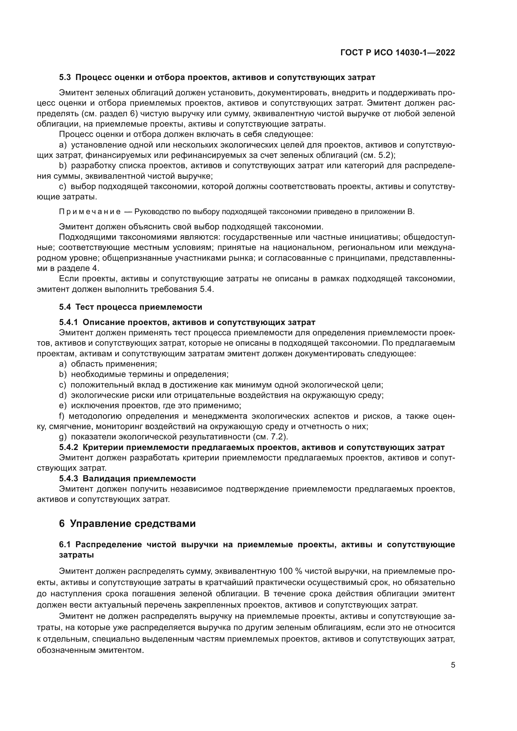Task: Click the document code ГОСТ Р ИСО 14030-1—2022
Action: [398, 53]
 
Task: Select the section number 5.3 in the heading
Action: [65, 78]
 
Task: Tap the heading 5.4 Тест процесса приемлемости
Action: [131, 307]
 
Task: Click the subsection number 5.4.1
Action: [68, 322]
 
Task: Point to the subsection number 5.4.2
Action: [68, 447]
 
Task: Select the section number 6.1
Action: [65, 544]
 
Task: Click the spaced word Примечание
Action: [90, 212]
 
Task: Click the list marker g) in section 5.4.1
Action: [63, 437]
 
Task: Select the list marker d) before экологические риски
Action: [63, 395]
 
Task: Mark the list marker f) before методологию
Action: [62, 416]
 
